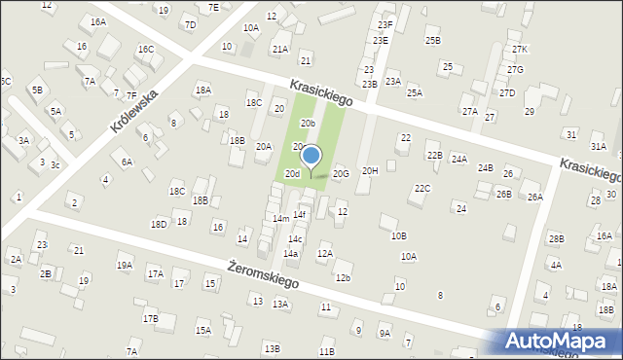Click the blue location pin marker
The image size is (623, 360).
tap(311, 156)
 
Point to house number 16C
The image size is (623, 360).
tap(145, 49)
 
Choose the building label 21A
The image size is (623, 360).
tap(280, 49)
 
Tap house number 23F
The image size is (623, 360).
tap(385, 25)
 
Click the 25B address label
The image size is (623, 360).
tap(433, 40)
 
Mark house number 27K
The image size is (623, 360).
tap(519, 49)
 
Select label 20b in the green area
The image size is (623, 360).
tap(308, 124)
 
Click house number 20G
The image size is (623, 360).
tap(340, 173)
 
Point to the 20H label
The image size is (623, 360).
tap(370, 170)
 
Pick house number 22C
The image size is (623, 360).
tap(421, 188)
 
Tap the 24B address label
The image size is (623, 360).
tap(485, 167)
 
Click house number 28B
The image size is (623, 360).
tap(556, 238)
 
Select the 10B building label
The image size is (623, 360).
tap(399, 235)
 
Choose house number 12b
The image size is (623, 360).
tap(343, 278)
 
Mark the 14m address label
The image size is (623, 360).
tap(280, 219)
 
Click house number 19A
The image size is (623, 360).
tap(124, 265)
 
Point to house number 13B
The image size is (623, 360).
tap(272, 348)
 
